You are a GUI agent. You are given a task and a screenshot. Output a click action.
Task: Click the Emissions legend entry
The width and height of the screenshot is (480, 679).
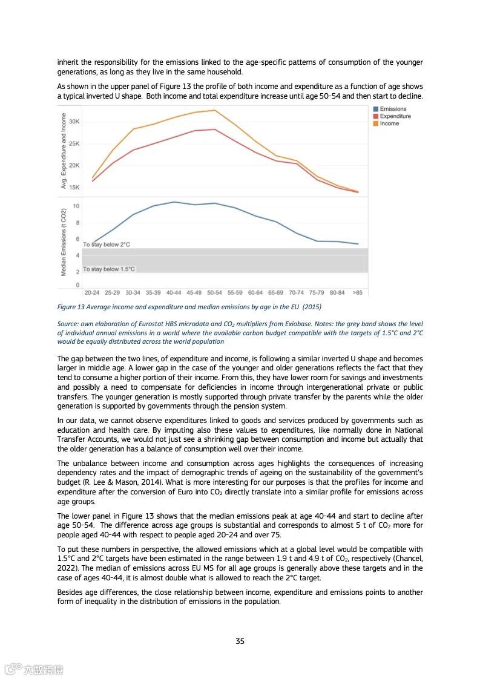[x=393, y=109]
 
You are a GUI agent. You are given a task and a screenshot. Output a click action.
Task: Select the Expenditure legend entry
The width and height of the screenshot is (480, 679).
[x=395, y=116]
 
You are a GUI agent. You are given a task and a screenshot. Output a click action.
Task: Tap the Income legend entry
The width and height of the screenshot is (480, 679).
[x=389, y=123]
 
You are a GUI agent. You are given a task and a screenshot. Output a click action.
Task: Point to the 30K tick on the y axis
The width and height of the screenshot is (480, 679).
[x=74, y=122]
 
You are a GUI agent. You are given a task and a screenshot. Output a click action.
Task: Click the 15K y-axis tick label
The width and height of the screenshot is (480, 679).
[x=74, y=187]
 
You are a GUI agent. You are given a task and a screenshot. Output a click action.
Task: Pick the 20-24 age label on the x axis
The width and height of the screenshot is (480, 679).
[x=93, y=292]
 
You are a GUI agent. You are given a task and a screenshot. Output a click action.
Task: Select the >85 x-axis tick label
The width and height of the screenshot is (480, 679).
[x=358, y=292]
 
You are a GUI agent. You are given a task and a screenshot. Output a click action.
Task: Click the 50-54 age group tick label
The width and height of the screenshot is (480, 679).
[x=215, y=292]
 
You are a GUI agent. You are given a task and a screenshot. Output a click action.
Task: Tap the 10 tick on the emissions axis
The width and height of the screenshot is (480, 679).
[x=76, y=206]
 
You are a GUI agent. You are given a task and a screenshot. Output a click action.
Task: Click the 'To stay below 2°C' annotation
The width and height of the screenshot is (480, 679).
[x=107, y=244]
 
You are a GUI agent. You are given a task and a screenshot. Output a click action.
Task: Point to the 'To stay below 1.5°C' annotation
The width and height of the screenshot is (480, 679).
[x=109, y=269]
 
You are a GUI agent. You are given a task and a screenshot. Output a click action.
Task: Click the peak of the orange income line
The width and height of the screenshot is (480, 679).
[x=215, y=110]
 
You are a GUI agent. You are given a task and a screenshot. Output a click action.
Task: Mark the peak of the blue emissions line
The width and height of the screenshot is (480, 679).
[x=174, y=202]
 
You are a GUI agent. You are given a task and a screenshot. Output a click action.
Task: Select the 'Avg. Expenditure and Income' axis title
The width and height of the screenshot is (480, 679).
[x=63, y=150]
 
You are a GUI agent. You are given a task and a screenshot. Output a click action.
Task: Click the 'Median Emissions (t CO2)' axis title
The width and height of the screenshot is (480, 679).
[x=63, y=242]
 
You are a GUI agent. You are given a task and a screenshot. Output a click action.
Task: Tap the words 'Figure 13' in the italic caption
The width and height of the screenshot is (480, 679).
[x=71, y=307]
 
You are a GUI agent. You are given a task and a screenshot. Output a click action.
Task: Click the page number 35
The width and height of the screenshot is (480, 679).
[x=240, y=641]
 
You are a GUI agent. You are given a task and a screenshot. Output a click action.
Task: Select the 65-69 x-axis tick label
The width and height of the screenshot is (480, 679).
[x=276, y=292]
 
